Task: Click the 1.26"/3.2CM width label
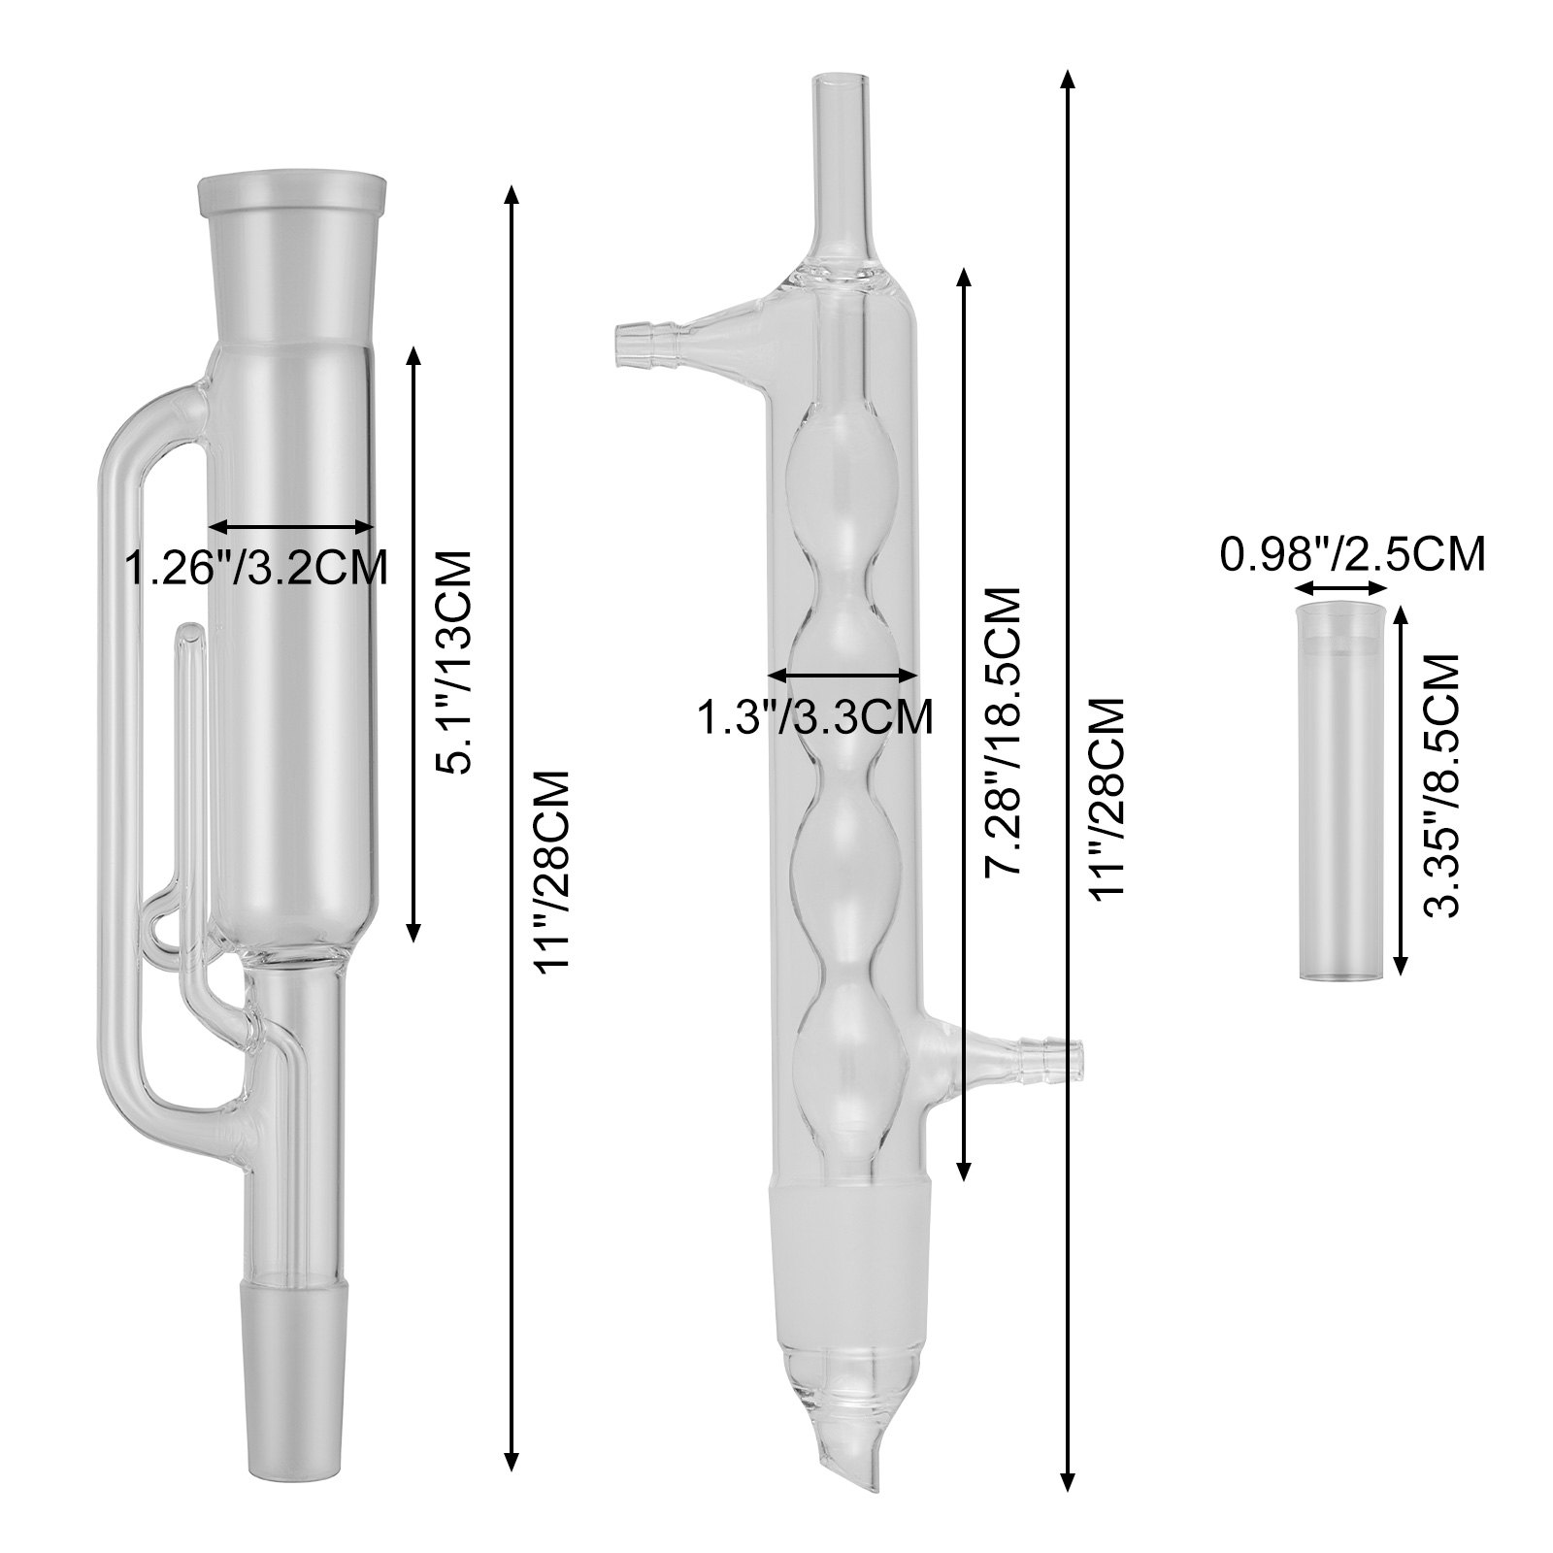(x=257, y=568)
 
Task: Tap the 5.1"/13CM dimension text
(x=450, y=662)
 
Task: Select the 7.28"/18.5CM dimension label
(x=1001, y=732)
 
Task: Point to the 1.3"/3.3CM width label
(x=815, y=717)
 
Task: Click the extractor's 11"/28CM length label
(x=552, y=873)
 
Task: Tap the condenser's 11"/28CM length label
(x=1107, y=800)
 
